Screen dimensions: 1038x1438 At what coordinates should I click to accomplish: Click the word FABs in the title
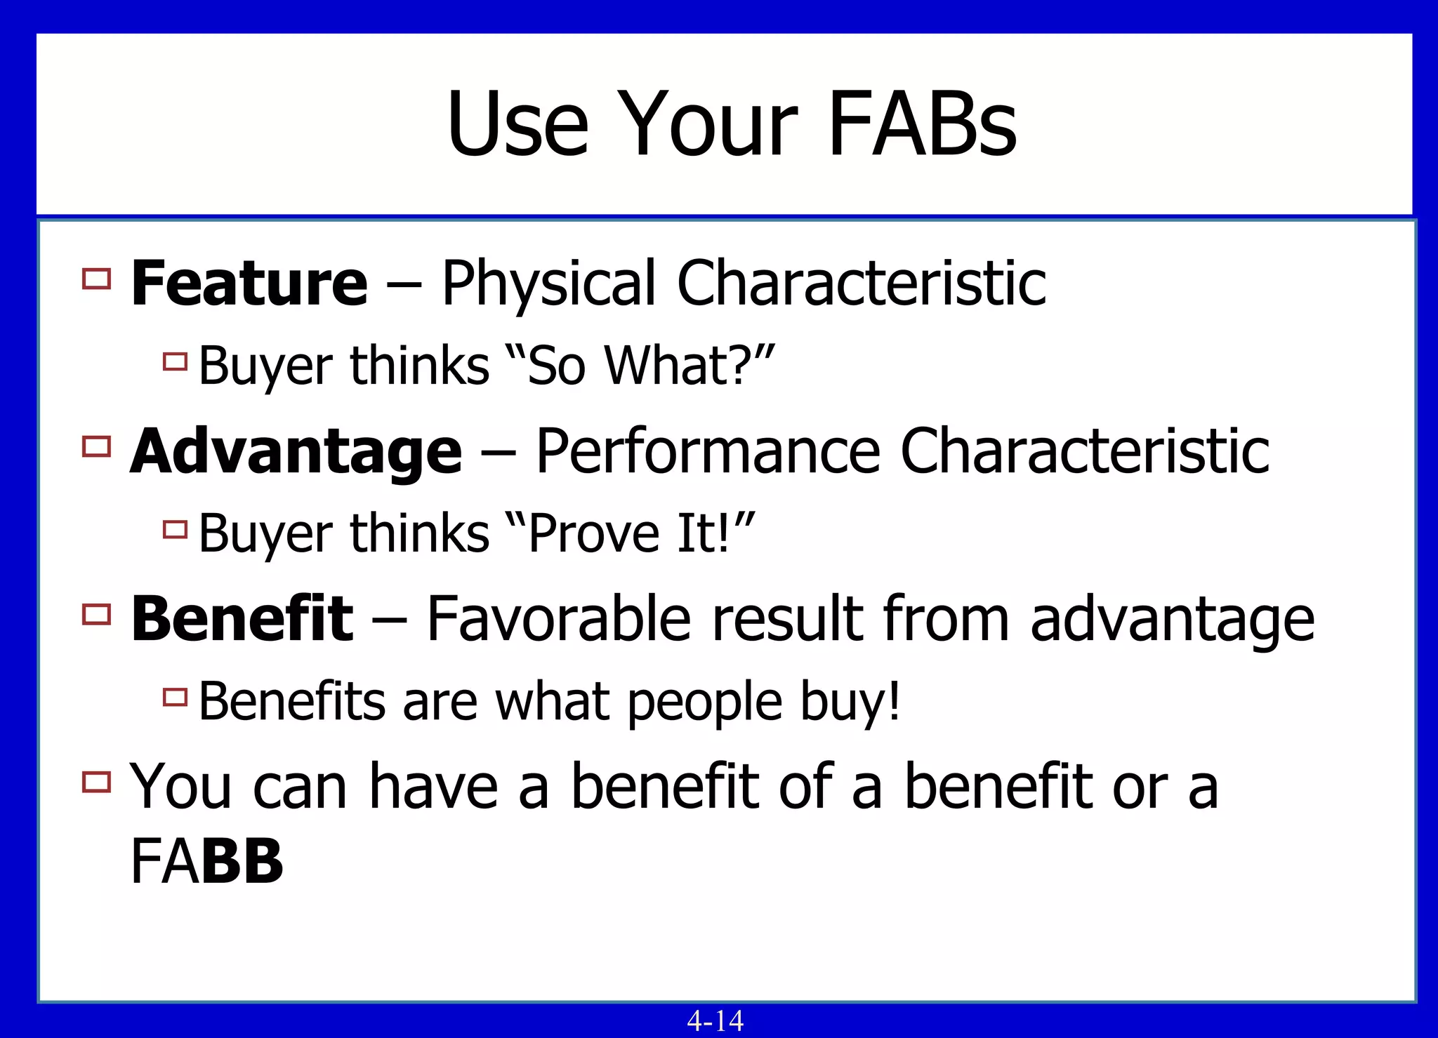(922, 124)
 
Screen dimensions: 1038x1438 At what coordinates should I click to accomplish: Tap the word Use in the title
(517, 124)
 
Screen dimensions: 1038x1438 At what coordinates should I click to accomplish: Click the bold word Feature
(249, 283)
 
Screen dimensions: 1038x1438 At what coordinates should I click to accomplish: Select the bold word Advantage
(296, 451)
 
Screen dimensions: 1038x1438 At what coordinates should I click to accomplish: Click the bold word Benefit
(242, 618)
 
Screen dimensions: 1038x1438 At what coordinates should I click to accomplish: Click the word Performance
(707, 451)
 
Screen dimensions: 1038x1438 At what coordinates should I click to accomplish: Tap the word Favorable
(558, 618)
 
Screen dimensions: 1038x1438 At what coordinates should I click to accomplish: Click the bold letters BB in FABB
(242, 861)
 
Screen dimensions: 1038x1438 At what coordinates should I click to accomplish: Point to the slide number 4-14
(715, 1020)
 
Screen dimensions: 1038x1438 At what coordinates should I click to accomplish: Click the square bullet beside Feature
(96, 279)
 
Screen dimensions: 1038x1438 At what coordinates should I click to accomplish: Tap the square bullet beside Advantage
(96, 446)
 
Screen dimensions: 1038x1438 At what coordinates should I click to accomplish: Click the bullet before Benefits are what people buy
(175, 697)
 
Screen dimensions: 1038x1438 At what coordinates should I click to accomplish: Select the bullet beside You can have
(96, 782)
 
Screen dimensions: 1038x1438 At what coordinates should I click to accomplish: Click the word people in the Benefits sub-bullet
(704, 703)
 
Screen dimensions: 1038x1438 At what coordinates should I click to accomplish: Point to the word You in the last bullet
(180, 787)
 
